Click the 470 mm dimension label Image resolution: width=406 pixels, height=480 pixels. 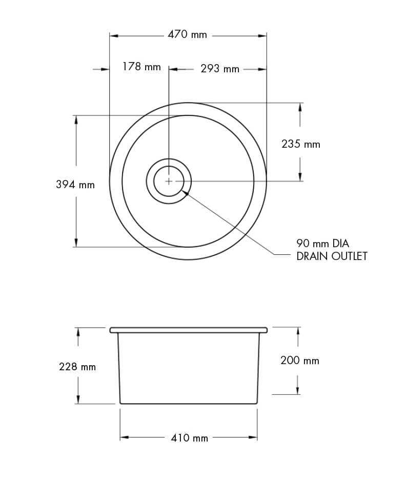click(187, 35)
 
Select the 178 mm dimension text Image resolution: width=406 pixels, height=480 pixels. click(141, 67)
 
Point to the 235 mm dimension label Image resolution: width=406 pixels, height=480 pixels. click(300, 145)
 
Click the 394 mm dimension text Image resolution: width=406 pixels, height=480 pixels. click(75, 185)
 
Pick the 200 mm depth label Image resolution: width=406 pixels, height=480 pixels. click(299, 361)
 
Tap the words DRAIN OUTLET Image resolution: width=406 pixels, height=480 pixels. click(332, 256)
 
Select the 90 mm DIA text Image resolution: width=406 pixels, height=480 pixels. click(322, 243)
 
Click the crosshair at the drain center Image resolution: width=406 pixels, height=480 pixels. click(169, 181)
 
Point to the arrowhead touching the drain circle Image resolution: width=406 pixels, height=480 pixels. click(185, 193)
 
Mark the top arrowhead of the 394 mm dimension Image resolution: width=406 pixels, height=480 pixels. click(76, 119)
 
